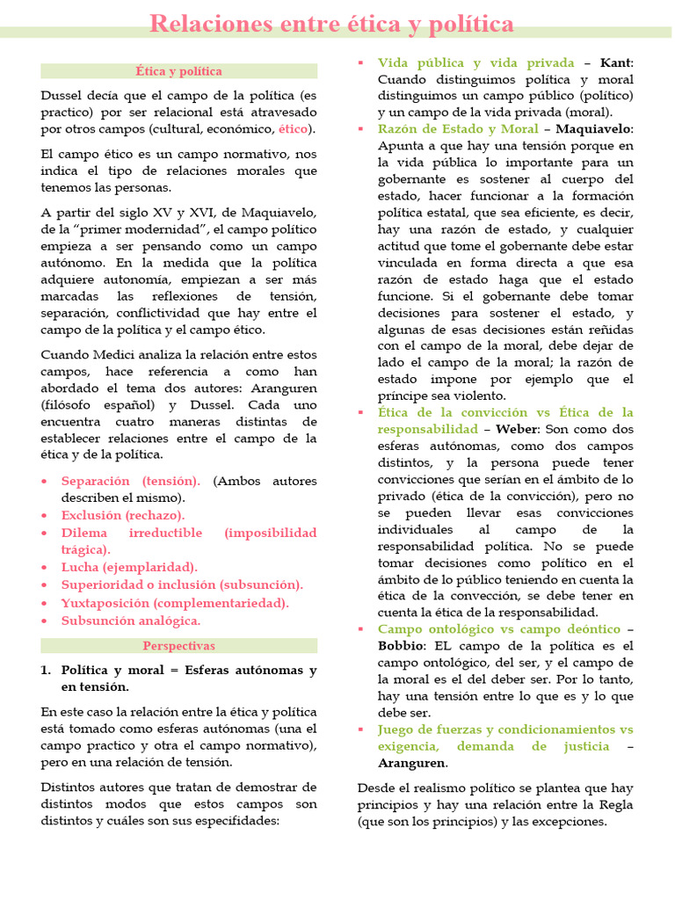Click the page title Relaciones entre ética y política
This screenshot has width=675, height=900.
[x=331, y=23]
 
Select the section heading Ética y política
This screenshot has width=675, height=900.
[x=178, y=71]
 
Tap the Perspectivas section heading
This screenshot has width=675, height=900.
[x=178, y=646]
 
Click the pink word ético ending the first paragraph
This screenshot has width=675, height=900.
[x=294, y=129]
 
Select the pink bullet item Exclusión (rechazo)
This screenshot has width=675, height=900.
[x=123, y=515]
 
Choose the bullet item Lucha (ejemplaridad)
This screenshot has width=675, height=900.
[x=129, y=567]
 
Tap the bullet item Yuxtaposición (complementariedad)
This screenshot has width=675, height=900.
[x=175, y=603]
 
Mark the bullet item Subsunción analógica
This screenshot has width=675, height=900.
[x=131, y=621]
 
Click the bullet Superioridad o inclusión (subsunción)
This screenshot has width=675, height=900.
[x=182, y=584]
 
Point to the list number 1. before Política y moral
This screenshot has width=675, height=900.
[x=47, y=670]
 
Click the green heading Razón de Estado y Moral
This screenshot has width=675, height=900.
[x=459, y=129]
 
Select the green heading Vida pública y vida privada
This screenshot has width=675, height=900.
[x=475, y=62]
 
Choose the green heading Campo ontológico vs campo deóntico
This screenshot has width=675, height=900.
[x=498, y=629]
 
